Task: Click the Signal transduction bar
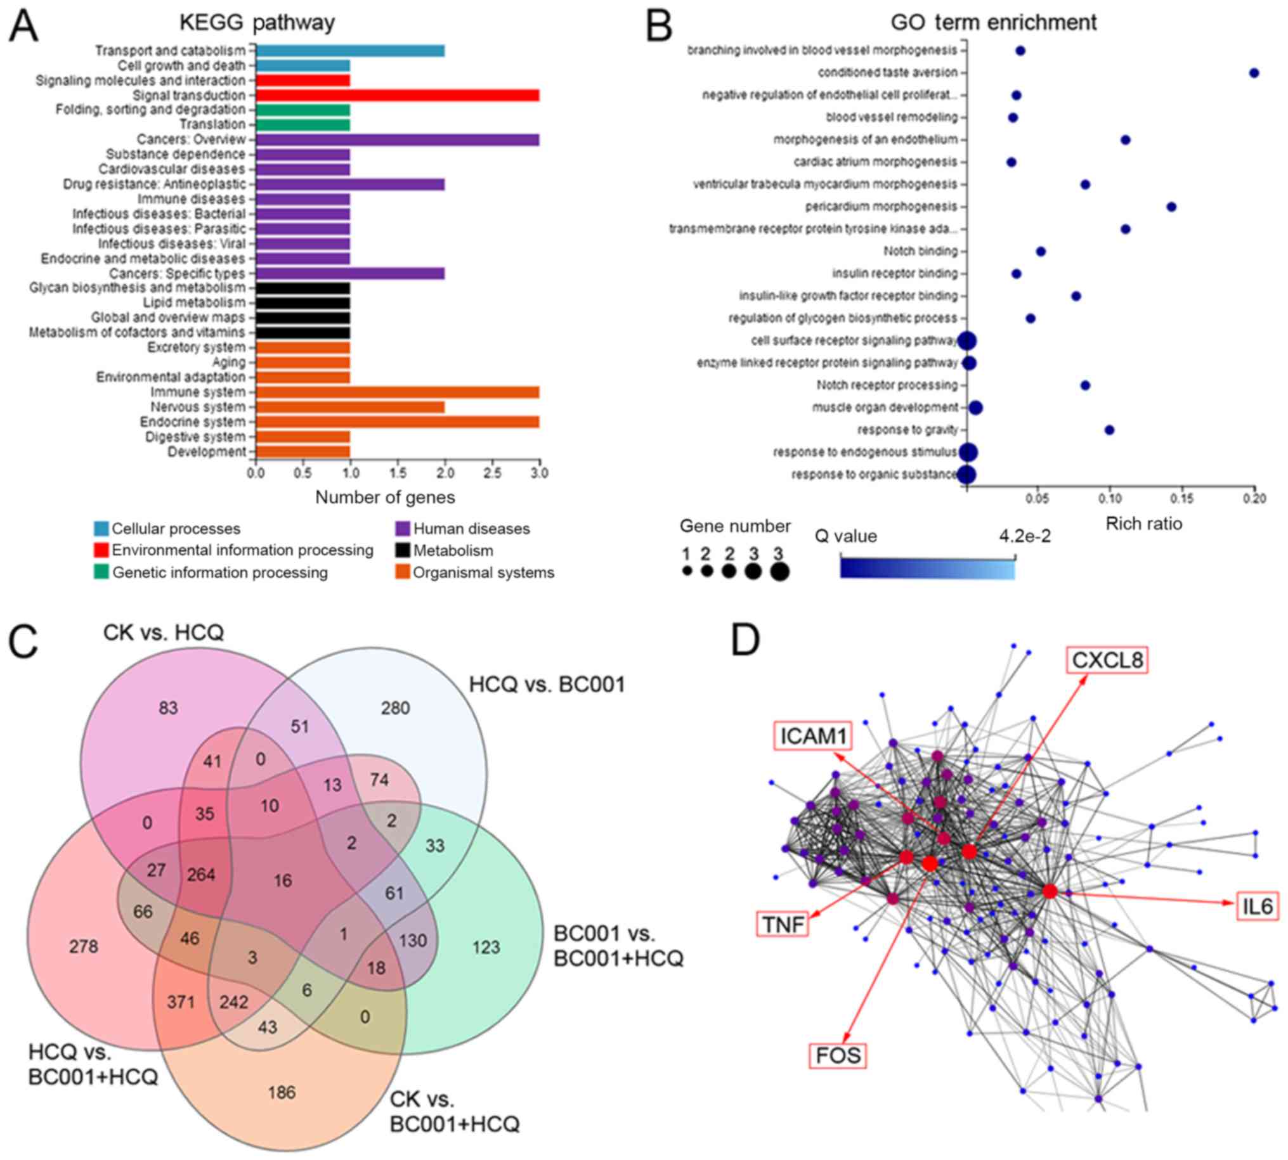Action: tap(397, 95)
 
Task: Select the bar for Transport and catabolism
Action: tap(350, 50)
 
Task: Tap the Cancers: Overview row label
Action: tap(192, 139)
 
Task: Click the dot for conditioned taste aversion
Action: tap(1254, 73)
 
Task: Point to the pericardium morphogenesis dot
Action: tap(1171, 207)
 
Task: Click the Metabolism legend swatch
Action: tap(403, 550)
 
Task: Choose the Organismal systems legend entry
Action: tap(483, 572)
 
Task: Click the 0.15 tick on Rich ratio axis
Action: tap(1182, 498)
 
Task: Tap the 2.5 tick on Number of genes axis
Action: tap(492, 473)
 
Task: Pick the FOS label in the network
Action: tap(838, 1055)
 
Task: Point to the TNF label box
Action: tap(783, 924)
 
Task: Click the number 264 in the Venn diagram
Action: tap(201, 875)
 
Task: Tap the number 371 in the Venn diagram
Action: tap(181, 1002)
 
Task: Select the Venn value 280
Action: tap(395, 708)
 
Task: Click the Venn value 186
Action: tap(282, 1092)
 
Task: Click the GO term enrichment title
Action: tap(993, 22)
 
